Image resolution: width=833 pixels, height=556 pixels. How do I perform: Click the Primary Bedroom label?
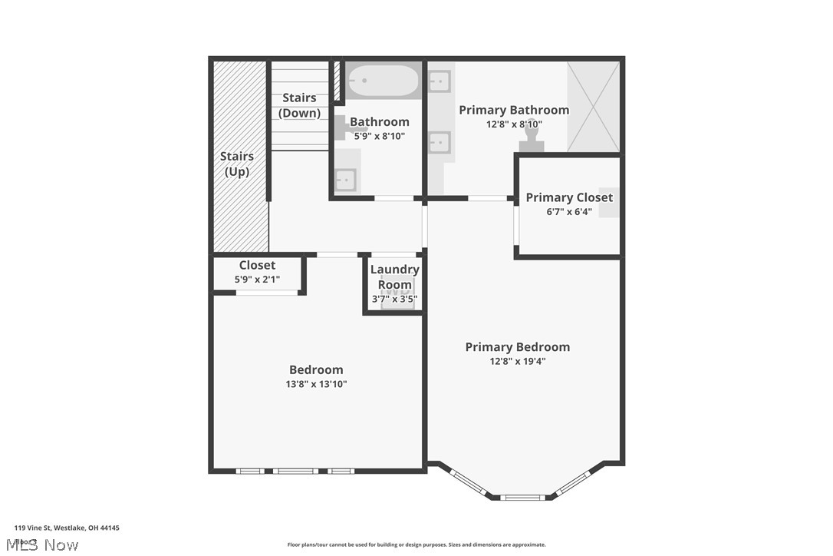[517, 347]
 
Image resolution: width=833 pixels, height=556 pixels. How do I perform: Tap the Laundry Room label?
[394, 276]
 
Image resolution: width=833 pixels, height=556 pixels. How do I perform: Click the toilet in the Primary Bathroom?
[532, 142]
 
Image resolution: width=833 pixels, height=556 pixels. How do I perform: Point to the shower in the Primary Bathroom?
[593, 107]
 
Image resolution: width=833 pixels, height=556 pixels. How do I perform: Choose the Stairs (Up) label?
[237, 164]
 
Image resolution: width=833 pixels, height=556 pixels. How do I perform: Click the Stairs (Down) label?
[299, 105]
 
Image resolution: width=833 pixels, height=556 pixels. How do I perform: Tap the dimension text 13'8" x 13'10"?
[316, 384]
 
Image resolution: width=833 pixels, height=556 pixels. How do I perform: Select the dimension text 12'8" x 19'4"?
[517, 361]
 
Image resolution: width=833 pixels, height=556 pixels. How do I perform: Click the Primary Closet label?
[569, 197]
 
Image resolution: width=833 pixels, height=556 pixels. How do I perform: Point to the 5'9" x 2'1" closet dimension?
[257, 280]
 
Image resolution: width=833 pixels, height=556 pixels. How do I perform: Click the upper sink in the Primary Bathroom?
[440, 81]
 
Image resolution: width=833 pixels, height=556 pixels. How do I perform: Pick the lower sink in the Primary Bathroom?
[440, 142]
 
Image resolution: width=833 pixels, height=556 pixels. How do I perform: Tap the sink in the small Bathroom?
[345, 180]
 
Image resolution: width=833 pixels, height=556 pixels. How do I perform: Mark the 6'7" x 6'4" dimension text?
[569, 212]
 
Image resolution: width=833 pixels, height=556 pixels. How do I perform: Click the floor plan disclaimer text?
[416, 544]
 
